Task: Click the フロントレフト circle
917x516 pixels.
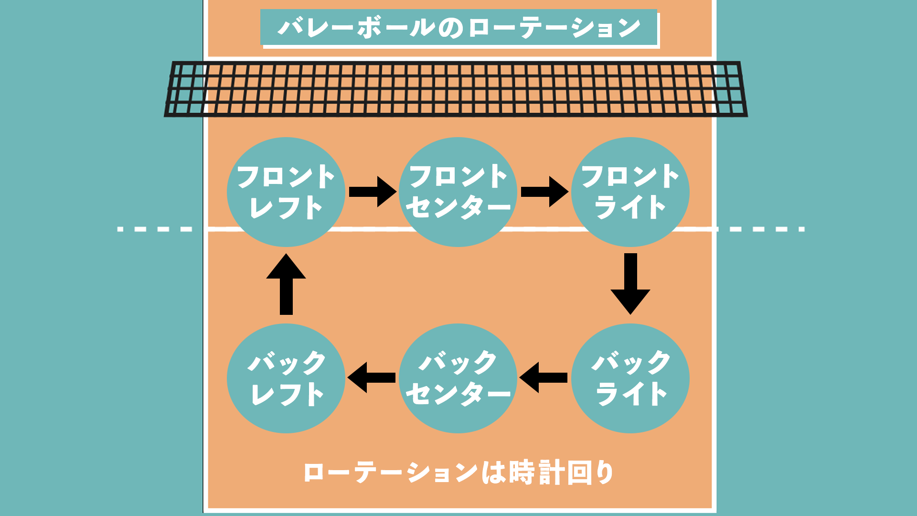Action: pos(286,192)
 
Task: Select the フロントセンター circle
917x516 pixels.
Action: pos(458,192)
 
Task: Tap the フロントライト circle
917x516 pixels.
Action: pos(630,192)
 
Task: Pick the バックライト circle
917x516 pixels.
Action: pos(630,378)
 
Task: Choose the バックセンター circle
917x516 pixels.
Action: pos(458,378)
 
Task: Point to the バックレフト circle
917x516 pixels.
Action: pos(286,378)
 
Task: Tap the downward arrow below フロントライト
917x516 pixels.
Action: pos(630,283)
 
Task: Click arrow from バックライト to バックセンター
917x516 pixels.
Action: pos(544,377)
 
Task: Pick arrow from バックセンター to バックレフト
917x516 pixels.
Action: pos(372,377)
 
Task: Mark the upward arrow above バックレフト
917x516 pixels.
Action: pos(286,284)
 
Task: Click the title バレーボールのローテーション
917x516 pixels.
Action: pos(458,27)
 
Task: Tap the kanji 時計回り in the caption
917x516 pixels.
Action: pos(562,473)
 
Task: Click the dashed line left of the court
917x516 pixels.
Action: pos(155,229)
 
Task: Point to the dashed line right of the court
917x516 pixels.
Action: pos(762,229)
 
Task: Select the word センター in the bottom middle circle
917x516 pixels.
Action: pos(458,394)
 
